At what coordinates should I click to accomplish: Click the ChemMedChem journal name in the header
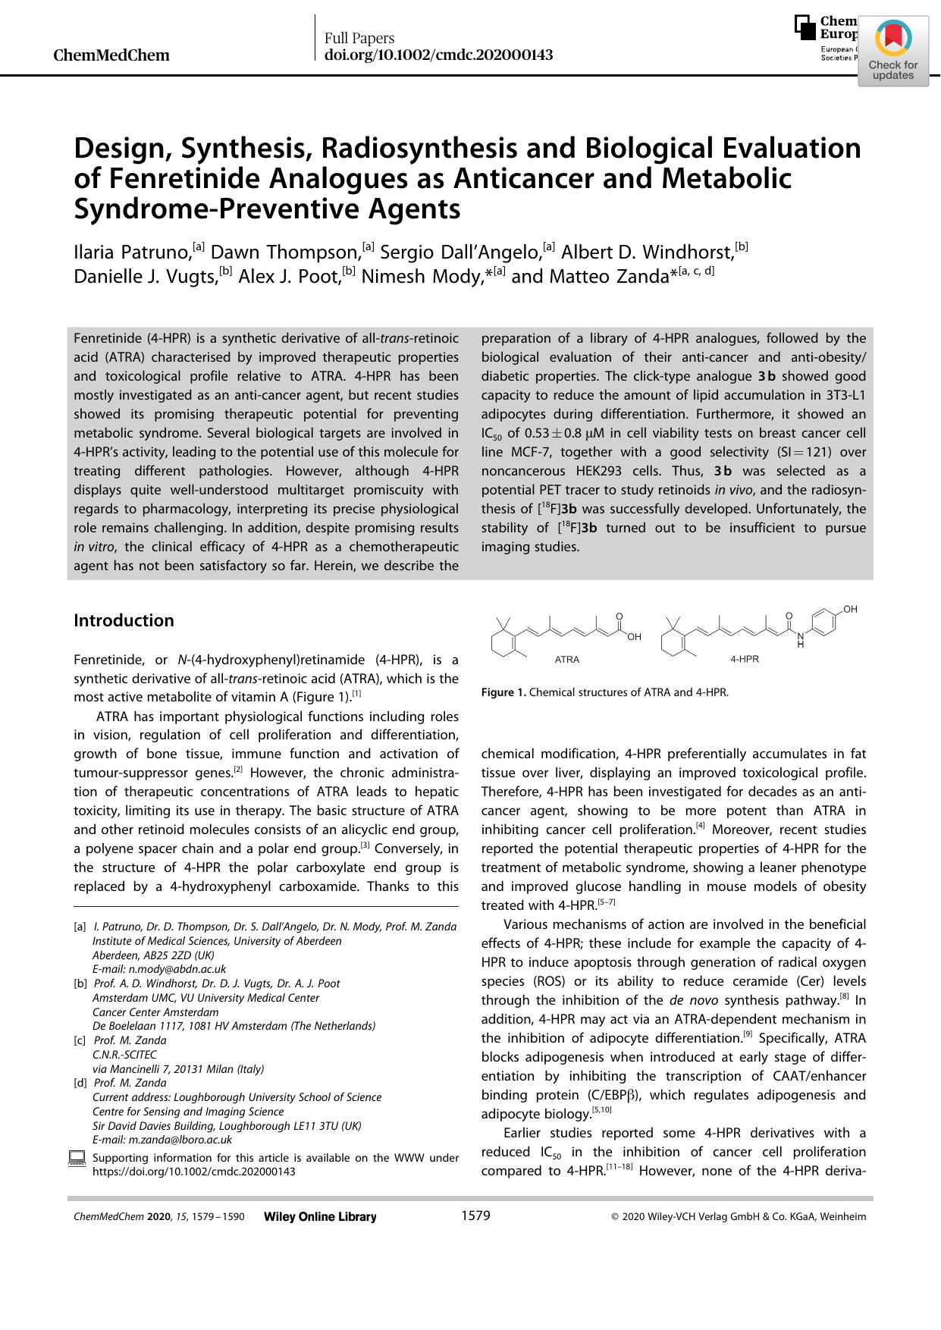click(112, 55)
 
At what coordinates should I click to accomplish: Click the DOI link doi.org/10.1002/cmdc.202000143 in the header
click(438, 55)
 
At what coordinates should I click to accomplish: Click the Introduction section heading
click(124, 620)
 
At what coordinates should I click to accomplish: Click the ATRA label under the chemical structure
click(567, 660)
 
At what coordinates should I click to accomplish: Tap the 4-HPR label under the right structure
click(745, 660)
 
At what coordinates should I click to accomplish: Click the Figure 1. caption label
click(503, 692)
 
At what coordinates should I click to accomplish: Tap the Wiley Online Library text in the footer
click(320, 1217)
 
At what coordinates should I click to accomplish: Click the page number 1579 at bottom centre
click(475, 1216)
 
